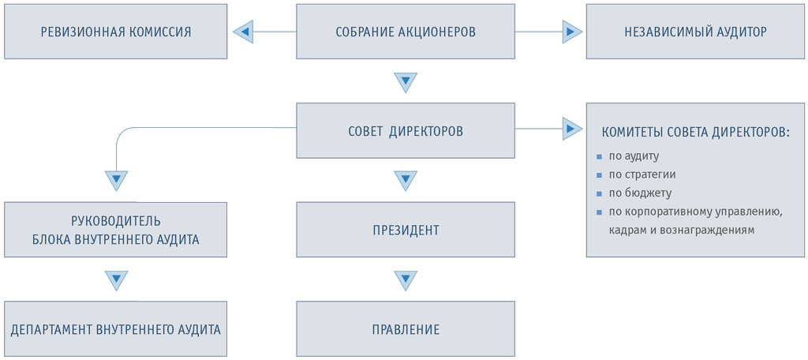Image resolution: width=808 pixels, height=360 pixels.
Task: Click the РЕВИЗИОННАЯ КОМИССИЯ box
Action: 116,32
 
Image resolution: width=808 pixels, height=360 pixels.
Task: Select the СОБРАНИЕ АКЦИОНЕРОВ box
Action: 405,32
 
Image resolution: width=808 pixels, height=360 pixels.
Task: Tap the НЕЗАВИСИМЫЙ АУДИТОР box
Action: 695,32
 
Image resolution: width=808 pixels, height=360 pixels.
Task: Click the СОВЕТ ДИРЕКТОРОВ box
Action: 405,130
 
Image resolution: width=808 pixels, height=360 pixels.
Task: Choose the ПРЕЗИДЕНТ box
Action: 405,231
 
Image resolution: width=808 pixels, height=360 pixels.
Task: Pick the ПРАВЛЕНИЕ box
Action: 405,329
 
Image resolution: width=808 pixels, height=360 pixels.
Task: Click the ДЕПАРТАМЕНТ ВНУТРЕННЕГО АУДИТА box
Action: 116,329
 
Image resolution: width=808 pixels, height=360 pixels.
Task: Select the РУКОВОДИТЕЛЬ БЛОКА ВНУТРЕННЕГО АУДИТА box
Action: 116,230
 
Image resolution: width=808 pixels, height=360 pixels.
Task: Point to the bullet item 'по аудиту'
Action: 634,156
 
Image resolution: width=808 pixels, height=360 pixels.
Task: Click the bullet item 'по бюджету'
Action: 640,193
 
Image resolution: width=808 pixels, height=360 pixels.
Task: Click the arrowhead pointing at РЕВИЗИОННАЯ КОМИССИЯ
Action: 242,32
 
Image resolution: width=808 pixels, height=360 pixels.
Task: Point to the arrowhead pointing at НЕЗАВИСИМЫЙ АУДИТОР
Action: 572,32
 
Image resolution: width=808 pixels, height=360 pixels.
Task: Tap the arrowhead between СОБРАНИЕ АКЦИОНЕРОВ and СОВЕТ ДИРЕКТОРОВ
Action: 405,81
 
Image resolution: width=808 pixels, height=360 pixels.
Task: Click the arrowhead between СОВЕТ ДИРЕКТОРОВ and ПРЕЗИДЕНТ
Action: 405,181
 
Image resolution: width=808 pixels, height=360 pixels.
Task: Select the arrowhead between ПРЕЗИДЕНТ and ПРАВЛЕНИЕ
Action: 405,280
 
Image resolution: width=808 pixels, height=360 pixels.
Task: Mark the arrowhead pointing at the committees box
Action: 572,127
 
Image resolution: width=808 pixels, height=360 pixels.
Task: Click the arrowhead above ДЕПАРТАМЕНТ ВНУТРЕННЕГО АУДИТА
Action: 116,280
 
